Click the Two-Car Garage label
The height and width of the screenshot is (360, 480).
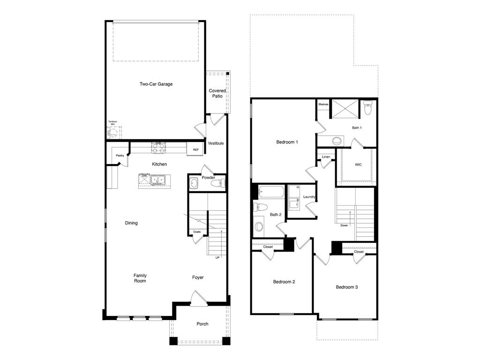(x=156, y=84)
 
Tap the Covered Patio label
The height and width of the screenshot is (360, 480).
(x=217, y=93)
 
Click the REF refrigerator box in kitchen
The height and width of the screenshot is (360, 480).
(x=195, y=150)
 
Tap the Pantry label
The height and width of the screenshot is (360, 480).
(x=120, y=155)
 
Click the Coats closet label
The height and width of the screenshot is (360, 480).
(x=197, y=232)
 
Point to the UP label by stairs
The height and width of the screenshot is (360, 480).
(x=217, y=257)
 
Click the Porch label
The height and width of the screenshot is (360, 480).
(x=202, y=324)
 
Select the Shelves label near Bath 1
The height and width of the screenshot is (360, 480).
(x=323, y=104)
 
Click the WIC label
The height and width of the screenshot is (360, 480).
(x=358, y=165)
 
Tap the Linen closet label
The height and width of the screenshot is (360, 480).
(x=326, y=157)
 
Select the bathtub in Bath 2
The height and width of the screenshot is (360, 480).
(x=271, y=192)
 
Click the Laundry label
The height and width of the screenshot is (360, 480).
(x=309, y=197)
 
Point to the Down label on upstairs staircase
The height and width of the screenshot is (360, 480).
(x=344, y=225)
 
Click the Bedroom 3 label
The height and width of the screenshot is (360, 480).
(x=347, y=287)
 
